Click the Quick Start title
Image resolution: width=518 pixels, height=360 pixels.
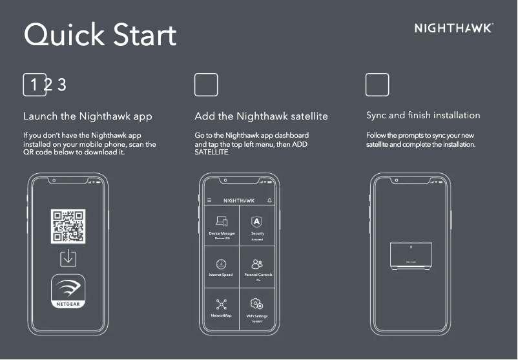100,35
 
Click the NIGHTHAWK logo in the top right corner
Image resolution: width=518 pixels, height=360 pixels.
453,28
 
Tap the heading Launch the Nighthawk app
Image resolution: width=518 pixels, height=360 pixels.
88,117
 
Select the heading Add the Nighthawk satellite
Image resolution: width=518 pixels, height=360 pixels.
261,117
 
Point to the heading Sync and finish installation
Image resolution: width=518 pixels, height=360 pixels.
423,116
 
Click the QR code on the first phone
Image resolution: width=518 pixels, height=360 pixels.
68,226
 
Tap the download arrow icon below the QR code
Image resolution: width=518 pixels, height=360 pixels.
68,258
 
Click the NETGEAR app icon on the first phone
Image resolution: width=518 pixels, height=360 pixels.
68,291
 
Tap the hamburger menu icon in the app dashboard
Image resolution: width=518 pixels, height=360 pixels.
209,200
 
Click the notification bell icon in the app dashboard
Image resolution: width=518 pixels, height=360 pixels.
269,200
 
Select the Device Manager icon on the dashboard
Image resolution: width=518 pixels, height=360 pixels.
222,222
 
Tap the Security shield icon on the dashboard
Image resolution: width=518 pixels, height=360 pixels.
257,222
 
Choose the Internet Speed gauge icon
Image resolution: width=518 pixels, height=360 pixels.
222,264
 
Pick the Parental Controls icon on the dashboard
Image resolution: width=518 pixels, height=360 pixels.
257,264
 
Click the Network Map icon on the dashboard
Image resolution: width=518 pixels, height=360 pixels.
222,304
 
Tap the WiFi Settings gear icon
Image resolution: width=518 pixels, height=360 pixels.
257,304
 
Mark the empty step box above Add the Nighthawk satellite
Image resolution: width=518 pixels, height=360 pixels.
206,85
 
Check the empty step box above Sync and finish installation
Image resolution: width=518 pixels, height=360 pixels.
377,85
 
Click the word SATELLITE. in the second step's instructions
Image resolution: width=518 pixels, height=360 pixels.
212,152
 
